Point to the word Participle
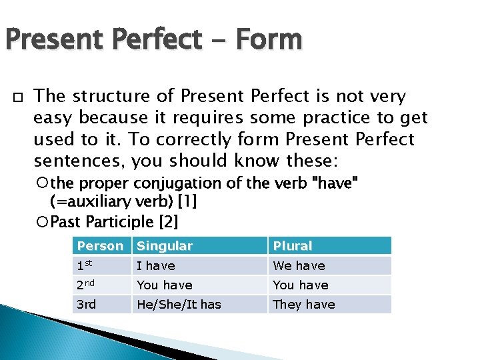119,221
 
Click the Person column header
100,246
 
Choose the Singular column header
165,246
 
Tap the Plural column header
293,246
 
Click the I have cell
156,266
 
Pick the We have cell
299,266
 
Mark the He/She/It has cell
178,305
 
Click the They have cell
304,305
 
